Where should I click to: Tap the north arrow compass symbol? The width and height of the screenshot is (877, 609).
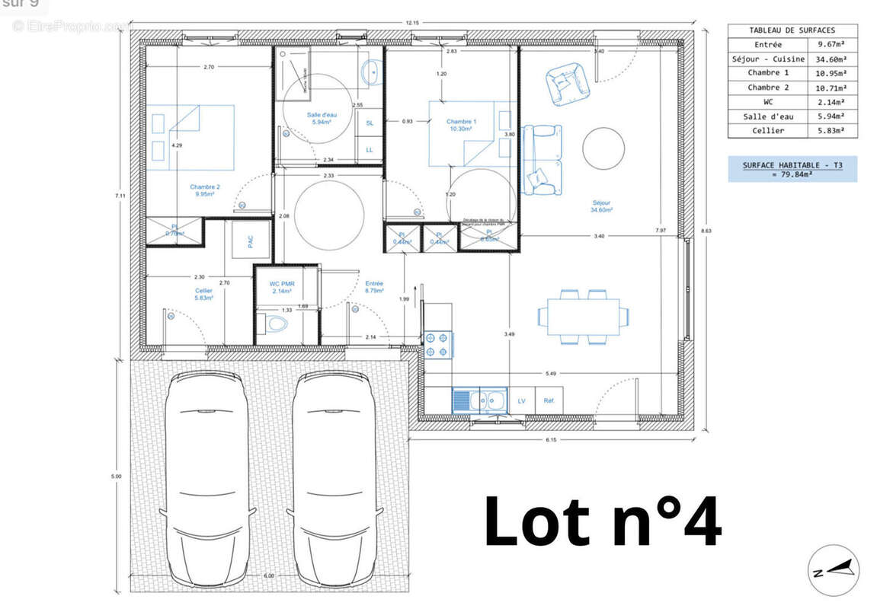tap(833, 570)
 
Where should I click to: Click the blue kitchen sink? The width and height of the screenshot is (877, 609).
tap(462, 400)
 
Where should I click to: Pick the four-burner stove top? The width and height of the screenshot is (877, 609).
tap(438, 343)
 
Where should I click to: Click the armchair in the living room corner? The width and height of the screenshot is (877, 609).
tap(568, 81)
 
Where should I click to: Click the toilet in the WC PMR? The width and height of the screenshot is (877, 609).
tap(277, 324)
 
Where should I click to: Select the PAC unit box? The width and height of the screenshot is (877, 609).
tap(251, 241)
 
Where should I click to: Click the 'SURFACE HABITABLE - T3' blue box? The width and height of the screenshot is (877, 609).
tap(792, 169)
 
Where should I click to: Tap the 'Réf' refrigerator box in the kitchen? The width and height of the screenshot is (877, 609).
tap(549, 400)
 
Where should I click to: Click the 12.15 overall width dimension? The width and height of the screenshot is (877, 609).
tap(412, 23)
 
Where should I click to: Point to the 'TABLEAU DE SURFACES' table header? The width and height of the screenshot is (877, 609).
tap(792, 30)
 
